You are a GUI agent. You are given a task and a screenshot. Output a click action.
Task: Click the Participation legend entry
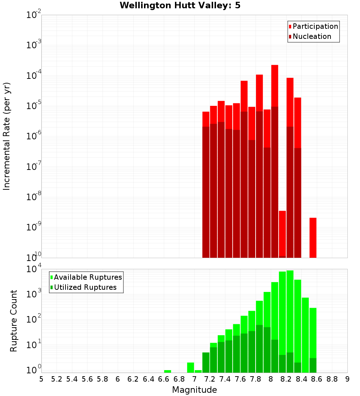(x=315, y=26)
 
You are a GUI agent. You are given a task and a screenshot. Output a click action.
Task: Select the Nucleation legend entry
(x=311, y=36)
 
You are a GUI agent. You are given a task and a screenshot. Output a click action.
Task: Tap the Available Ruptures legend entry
(x=87, y=277)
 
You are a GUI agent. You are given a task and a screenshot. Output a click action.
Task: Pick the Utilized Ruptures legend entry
(x=85, y=287)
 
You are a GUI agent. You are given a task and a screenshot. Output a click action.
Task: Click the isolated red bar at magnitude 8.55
(x=313, y=238)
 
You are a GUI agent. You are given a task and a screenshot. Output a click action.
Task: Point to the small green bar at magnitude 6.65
(x=167, y=371)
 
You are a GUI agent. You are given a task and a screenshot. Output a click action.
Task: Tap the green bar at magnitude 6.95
(x=190, y=368)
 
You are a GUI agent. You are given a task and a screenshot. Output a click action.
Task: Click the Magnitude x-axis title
(x=194, y=390)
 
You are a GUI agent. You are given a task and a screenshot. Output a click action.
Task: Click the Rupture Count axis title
(x=14, y=320)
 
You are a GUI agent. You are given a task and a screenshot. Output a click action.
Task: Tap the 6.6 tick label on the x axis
(x=163, y=379)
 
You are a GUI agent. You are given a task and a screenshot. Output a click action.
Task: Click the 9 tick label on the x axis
(x=347, y=379)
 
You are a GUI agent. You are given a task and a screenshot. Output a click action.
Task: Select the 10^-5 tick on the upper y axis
(x=33, y=106)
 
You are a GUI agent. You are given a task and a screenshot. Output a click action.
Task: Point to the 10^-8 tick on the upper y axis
(x=33, y=197)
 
